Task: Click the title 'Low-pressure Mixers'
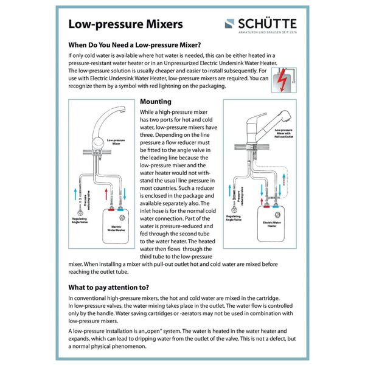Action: click(125, 24)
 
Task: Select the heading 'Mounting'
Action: click(155, 102)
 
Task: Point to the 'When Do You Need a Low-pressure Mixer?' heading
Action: click(134, 45)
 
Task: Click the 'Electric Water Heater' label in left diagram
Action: click(119, 229)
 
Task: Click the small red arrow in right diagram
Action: click(263, 188)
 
